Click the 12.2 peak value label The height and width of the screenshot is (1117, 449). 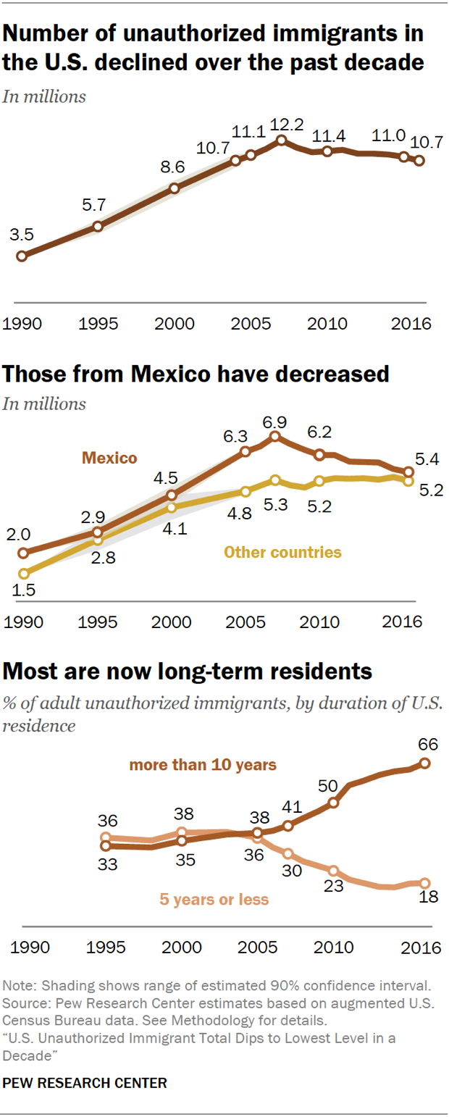287,125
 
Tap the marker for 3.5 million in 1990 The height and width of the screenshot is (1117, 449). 22,256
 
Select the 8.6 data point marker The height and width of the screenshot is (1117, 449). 175,188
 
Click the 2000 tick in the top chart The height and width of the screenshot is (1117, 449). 174,324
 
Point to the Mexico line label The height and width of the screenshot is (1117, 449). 109,458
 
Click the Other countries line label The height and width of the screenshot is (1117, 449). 282,552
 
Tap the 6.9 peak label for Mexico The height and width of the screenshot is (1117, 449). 275,422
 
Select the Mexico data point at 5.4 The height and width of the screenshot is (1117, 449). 408,472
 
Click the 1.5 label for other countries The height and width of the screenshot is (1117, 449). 23,590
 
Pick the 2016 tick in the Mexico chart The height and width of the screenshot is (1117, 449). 402,622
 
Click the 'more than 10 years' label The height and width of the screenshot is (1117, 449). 203,765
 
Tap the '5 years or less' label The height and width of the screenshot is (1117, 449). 214,899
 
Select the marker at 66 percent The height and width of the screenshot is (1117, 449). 425,763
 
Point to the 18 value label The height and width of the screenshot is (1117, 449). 429,897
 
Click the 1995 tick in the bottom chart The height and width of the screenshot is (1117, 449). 106,947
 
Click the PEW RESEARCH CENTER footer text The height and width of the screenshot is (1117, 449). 85,1083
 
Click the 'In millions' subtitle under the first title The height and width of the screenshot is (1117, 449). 44,96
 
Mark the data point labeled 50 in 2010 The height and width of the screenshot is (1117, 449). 333,803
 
